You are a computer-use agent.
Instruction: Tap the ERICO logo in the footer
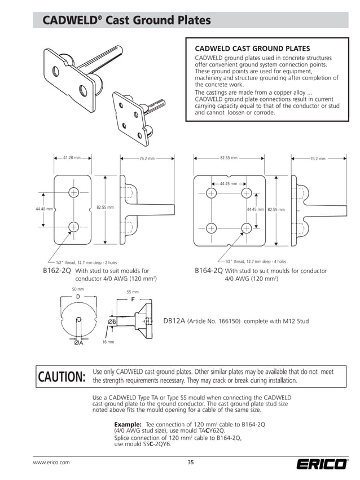(322, 465)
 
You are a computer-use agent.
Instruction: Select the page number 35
(191, 463)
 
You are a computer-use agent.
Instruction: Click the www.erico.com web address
(51, 463)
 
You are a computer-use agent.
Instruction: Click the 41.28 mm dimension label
(72, 158)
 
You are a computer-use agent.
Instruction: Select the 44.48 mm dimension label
(44, 209)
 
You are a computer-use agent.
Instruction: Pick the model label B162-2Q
(57, 271)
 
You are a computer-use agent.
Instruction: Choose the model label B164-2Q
(208, 271)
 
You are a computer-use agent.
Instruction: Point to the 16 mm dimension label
(108, 342)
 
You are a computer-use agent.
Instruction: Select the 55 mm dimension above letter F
(132, 292)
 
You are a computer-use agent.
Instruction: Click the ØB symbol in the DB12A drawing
(112, 322)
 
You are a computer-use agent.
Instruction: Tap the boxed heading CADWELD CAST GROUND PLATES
(252, 49)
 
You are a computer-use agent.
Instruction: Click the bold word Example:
(128, 424)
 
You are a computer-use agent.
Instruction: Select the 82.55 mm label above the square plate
(229, 158)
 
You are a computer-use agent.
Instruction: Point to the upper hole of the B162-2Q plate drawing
(73, 192)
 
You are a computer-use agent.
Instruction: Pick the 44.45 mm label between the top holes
(229, 183)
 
